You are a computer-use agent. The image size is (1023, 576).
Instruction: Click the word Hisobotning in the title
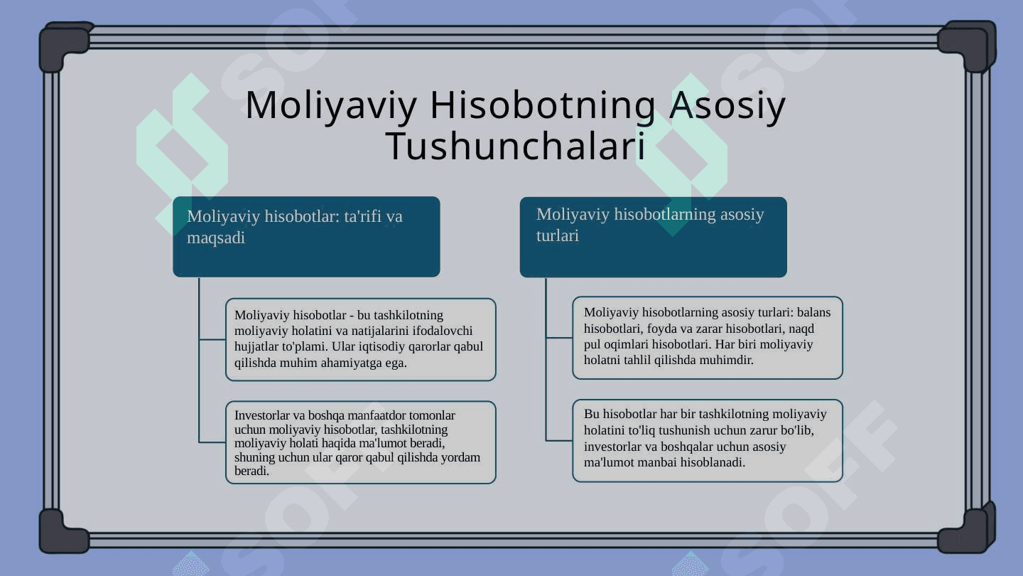(x=543, y=106)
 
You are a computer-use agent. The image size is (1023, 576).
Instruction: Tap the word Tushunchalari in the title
(x=516, y=146)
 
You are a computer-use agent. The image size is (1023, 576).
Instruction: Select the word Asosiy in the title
(x=727, y=106)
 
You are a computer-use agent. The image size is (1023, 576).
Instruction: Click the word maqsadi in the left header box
(x=216, y=238)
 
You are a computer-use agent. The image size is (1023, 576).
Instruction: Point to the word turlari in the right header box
(x=558, y=235)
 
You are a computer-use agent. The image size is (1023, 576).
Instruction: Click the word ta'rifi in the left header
(x=362, y=215)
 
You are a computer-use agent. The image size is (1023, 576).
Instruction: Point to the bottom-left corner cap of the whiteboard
(x=63, y=531)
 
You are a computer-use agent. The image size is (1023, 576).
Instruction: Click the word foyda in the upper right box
(x=661, y=329)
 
